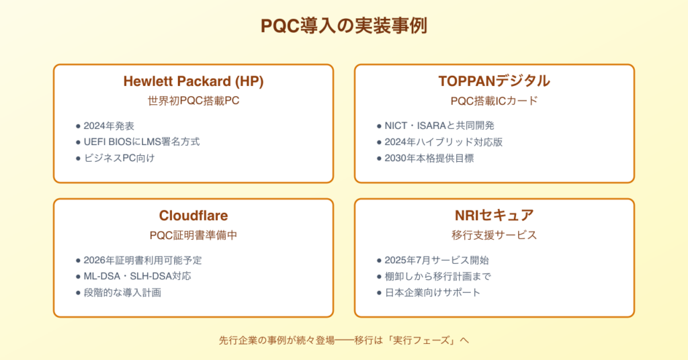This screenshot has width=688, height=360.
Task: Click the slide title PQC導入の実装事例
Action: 343,26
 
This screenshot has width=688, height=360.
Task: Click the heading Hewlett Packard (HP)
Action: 193,81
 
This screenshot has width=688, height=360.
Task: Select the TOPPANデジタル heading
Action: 494,81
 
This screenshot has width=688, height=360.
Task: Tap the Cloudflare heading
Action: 193,216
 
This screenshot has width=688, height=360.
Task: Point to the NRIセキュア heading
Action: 494,216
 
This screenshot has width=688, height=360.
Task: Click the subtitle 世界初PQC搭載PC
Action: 193,101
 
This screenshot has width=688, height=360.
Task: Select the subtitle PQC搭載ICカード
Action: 494,101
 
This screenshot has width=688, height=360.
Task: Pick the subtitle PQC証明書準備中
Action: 193,236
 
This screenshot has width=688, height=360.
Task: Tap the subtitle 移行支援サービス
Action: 494,236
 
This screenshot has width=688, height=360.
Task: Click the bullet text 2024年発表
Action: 109,126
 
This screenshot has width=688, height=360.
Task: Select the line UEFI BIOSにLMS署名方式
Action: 142,142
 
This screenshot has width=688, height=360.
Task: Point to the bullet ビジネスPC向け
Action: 120,159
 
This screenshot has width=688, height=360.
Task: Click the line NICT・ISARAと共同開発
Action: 439,126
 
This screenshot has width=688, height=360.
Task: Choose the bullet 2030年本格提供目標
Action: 429,159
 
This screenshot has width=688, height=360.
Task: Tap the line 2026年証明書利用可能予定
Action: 142,261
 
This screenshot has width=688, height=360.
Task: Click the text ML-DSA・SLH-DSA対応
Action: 137,276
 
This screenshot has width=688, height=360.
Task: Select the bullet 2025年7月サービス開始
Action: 437,261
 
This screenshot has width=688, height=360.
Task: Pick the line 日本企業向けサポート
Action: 432,292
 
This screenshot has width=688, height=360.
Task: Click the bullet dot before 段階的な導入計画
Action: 78,293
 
